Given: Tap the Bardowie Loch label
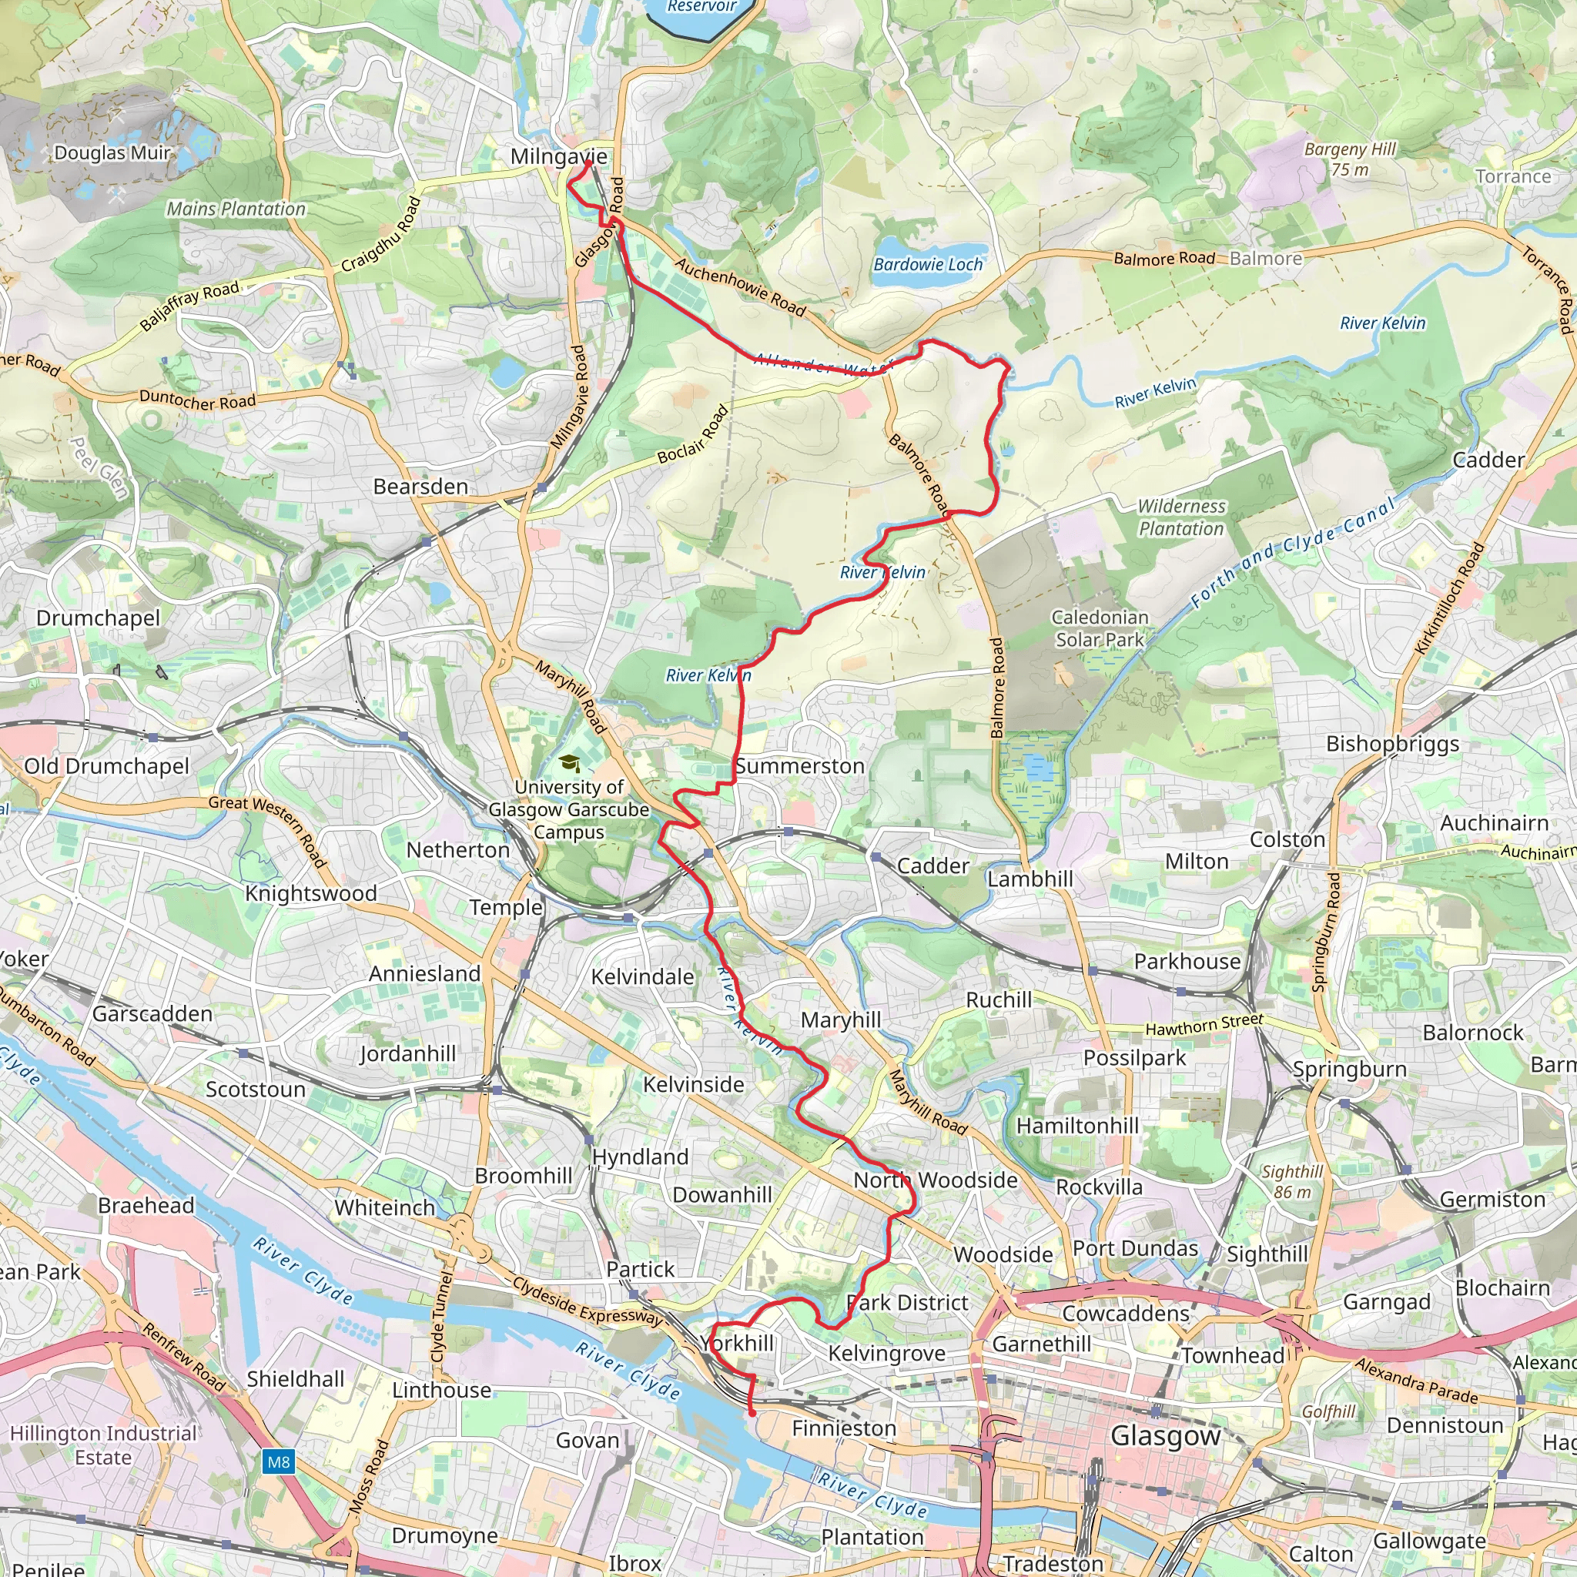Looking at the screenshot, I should (x=927, y=264).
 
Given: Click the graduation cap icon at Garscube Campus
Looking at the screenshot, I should (x=570, y=763).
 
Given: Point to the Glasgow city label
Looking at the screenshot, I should (x=1165, y=1436).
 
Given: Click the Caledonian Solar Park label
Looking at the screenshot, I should (x=1100, y=628).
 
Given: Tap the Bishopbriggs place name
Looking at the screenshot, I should (x=1392, y=744).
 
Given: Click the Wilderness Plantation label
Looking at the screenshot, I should (x=1181, y=517).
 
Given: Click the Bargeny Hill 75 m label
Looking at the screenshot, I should (x=1350, y=159).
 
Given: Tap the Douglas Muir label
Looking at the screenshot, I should (x=112, y=152).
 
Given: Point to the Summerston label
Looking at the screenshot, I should (x=800, y=765).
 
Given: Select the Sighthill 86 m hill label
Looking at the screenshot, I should (x=1292, y=1181).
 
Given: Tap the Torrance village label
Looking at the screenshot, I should (x=1512, y=176).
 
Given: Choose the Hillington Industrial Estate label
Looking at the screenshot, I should (x=103, y=1445).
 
